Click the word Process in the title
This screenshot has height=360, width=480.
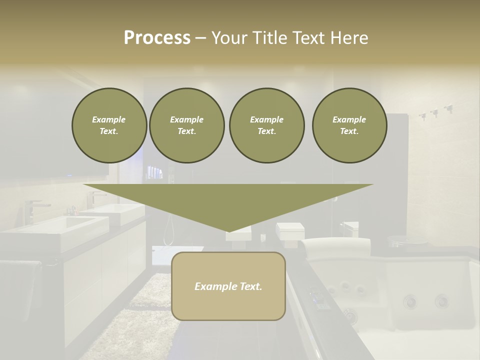(x=157, y=38)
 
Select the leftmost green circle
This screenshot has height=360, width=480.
(x=109, y=125)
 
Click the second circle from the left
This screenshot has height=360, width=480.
(x=186, y=125)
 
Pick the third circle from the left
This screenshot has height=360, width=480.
(x=266, y=125)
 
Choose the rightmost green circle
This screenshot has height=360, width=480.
(x=349, y=125)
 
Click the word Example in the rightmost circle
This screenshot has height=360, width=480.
(x=349, y=119)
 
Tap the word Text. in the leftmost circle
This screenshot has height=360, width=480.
(x=109, y=131)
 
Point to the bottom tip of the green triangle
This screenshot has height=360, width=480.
(x=228, y=231)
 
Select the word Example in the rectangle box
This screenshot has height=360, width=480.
(x=215, y=286)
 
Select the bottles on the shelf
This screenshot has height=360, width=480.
(x=155, y=173)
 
